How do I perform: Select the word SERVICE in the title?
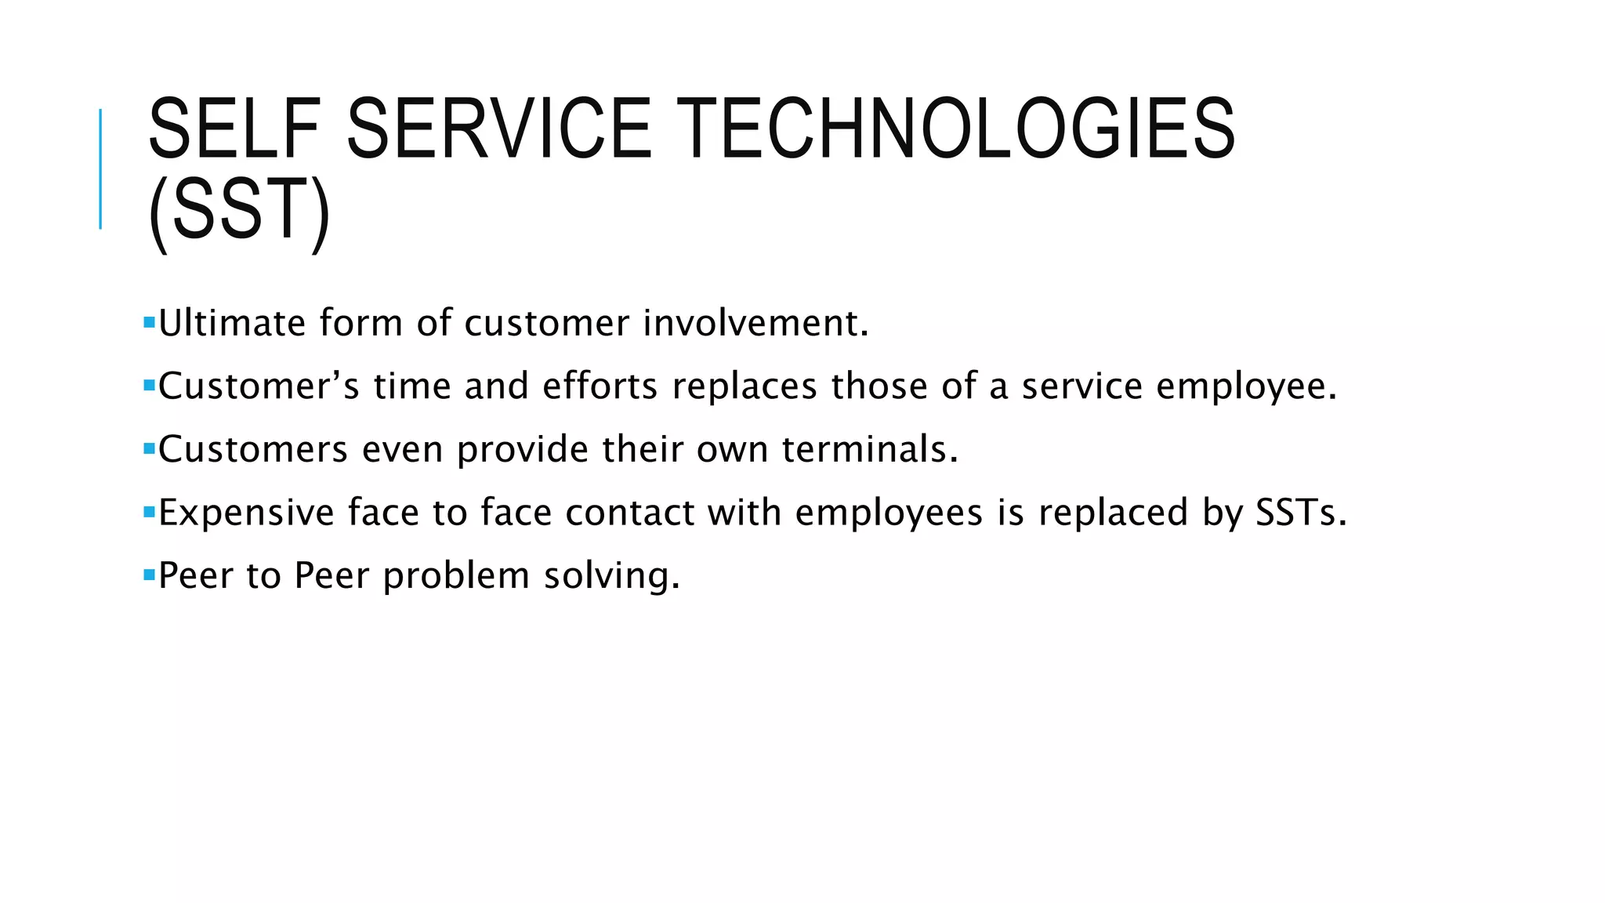pyautogui.click(x=499, y=129)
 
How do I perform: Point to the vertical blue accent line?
pyautogui.click(x=100, y=169)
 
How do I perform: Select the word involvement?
pyautogui.click(x=755, y=323)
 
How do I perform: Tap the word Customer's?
pyautogui.click(x=259, y=386)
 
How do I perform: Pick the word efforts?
pyautogui.click(x=600, y=386)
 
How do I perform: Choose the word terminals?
pyautogui.click(x=870, y=450)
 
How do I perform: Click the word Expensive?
pyautogui.click(x=247, y=513)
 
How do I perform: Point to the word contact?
pyautogui.click(x=630, y=513)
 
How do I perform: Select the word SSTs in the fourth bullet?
pyautogui.click(x=1301, y=513)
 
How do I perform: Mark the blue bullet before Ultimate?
pyautogui.click(x=149, y=321)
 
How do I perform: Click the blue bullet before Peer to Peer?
pyautogui.click(x=149, y=575)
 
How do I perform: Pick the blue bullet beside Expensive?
pyautogui.click(x=149, y=512)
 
